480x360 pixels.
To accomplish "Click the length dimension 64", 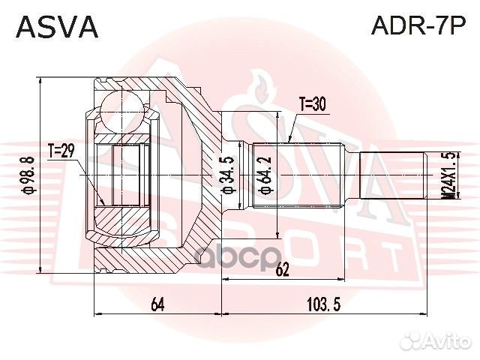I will pyautogui.click(x=157, y=304).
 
